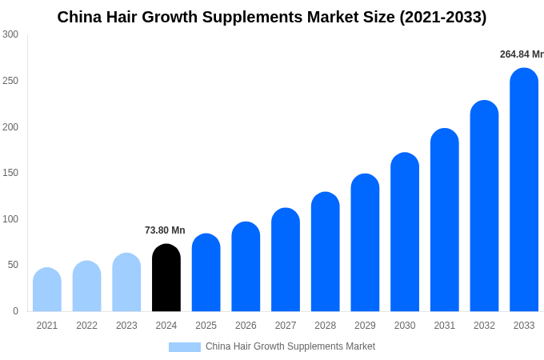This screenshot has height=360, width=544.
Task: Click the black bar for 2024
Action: coord(166,278)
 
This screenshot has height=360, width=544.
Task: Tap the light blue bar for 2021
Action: coord(47,290)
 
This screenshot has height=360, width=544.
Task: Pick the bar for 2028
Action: coord(326,253)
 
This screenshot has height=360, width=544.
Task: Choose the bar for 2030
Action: coord(405,233)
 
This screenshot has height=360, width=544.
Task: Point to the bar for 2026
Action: coord(246,267)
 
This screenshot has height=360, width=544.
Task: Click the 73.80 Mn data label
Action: coord(165,230)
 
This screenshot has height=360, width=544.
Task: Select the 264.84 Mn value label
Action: coord(521,54)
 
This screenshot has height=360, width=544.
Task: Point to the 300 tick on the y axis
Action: coord(10,34)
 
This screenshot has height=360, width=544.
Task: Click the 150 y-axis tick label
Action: coord(10,173)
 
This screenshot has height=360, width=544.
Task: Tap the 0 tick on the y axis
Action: coord(15,311)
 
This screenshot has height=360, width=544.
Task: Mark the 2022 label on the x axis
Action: coord(86,326)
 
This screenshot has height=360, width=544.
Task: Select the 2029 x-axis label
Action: coord(365,326)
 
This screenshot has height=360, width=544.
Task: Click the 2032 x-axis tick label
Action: coord(484,326)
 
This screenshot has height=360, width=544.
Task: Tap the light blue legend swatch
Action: coord(184,347)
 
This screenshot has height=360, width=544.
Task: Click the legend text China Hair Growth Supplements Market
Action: coord(290,346)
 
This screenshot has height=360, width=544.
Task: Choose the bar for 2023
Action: coord(126,283)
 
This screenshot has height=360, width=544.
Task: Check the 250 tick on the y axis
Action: coord(10,81)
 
